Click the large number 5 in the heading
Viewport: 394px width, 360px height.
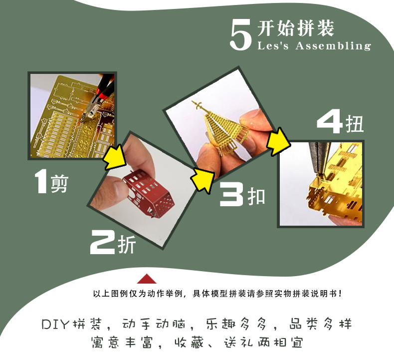click(241, 35)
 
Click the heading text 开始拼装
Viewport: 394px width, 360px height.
click(296, 28)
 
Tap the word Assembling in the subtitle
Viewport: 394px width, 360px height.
click(333, 46)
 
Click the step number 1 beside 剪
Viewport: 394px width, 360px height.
click(41, 181)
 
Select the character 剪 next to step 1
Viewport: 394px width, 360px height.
click(59, 184)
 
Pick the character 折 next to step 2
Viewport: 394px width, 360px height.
click(127, 244)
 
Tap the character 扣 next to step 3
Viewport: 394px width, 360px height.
click(256, 196)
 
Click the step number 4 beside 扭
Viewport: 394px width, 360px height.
click(330, 121)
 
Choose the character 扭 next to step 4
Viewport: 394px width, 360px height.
click(355, 124)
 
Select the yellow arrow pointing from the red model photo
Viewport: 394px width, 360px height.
click(202, 179)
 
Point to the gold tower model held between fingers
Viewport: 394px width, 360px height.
click(220, 128)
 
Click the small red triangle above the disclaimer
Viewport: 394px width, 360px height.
click(147, 279)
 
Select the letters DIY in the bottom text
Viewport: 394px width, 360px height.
click(55, 324)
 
